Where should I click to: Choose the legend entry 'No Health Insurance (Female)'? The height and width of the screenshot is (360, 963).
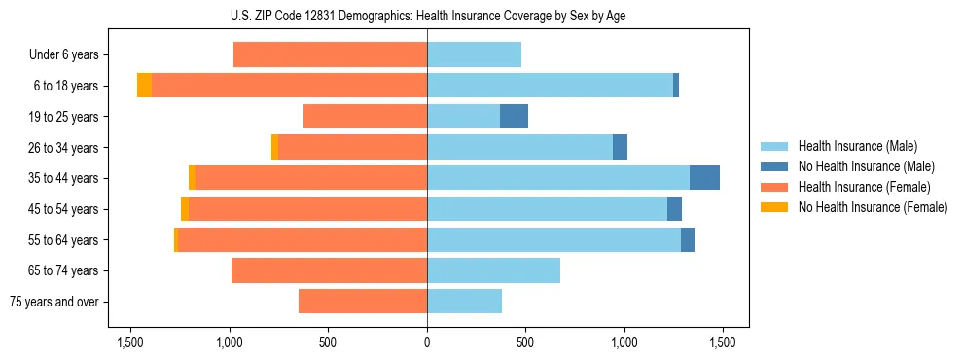point(873,207)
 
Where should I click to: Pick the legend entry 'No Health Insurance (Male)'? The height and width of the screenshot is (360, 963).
point(866,166)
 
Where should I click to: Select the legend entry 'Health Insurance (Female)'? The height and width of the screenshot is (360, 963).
point(864,187)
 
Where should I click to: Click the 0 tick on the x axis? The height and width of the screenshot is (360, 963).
point(427,342)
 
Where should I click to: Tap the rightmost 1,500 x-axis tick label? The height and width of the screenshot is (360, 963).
point(722,342)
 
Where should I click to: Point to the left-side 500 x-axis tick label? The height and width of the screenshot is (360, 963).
point(328,342)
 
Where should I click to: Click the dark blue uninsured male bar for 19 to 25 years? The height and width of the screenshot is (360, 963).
point(514,117)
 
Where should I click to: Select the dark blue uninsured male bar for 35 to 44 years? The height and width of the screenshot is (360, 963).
point(704,178)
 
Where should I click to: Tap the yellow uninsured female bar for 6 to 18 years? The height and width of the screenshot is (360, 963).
point(144,86)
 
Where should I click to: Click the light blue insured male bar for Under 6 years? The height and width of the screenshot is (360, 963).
point(474,54)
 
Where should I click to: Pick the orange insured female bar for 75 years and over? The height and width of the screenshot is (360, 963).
point(363,302)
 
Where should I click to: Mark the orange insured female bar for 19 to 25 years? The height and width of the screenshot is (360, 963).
point(365,117)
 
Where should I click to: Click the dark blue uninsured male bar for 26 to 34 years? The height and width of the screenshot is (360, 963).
point(620,147)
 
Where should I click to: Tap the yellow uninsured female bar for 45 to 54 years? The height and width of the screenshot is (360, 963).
point(185,209)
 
